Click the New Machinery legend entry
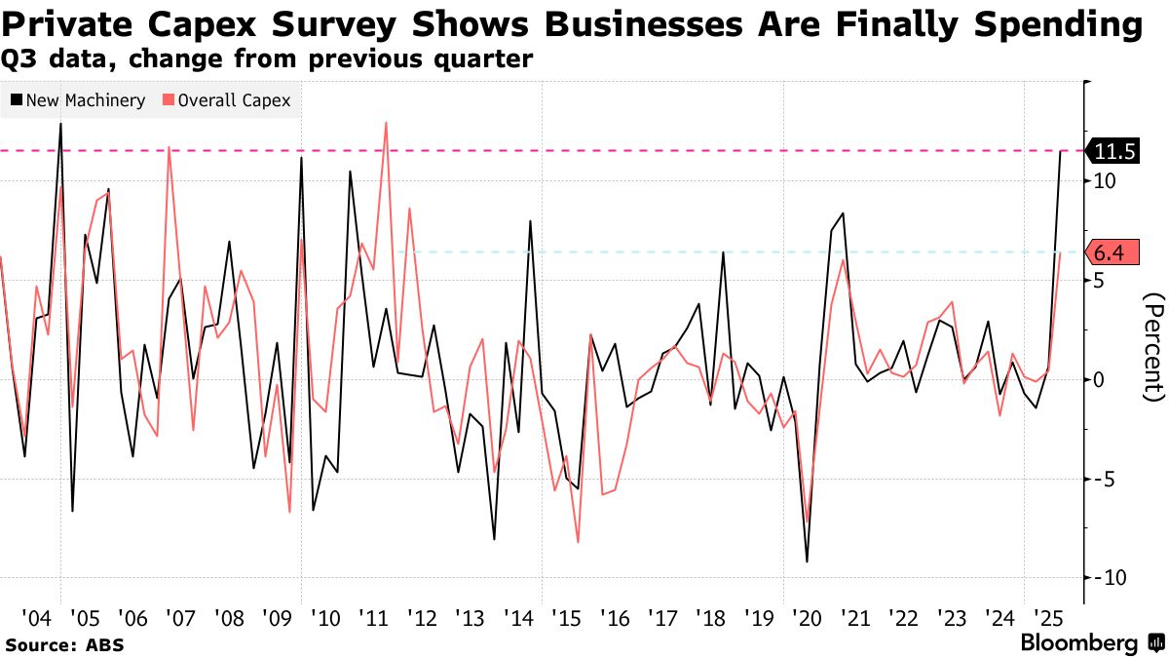pos(78,100)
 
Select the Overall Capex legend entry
pos(227,100)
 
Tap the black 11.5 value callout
pos(1115,151)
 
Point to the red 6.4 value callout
pos(1110,253)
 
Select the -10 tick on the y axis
pos(1110,577)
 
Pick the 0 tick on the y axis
pos(1099,379)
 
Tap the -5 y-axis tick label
pos(1105,479)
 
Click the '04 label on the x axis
pos(37,618)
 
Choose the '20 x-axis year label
pos(807,618)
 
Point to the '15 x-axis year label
pos(565,618)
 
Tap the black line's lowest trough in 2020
pos(807,561)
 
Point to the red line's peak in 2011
pos(386,123)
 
